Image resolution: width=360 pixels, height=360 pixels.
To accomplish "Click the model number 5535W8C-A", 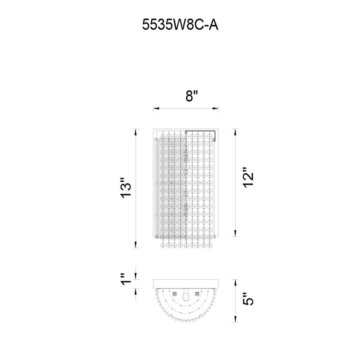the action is click(x=180, y=25).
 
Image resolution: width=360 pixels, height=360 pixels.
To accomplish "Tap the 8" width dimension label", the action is click(x=192, y=96).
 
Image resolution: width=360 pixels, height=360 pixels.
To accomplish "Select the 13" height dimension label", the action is click(x=126, y=188).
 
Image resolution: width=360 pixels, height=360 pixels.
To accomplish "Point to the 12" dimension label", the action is click(x=248, y=177).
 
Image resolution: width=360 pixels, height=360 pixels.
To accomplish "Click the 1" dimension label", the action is click(x=126, y=279).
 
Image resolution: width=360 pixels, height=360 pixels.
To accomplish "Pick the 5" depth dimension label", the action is click(x=248, y=299).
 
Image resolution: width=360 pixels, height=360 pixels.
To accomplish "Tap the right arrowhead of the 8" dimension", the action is click(x=216, y=108).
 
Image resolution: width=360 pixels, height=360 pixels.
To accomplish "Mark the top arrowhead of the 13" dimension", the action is click(x=136, y=132).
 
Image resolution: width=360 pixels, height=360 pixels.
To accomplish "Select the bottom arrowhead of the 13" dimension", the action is click(x=136, y=245).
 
